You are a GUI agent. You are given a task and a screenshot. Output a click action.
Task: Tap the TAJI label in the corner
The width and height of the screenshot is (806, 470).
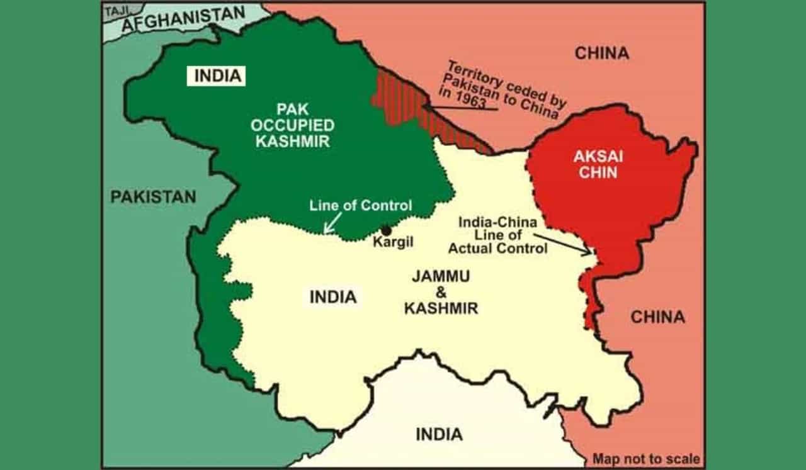click(x=115, y=11)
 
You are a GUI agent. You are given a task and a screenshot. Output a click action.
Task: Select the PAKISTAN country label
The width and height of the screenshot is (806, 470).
click(x=153, y=196)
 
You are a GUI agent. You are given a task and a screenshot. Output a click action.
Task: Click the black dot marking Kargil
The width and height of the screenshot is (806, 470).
click(x=386, y=230)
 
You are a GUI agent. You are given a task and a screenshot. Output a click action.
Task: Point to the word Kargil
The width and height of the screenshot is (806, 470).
click(x=392, y=243)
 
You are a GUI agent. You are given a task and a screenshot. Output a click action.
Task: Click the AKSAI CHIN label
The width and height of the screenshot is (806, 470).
click(x=598, y=165)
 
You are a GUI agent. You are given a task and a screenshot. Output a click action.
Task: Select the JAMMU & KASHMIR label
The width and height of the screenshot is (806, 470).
click(x=440, y=292)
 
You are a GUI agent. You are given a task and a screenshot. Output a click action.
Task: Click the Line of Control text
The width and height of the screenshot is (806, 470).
click(x=361, y=206)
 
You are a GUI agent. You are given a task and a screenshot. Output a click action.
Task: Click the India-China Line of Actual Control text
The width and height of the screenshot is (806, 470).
click(x=497, y=235)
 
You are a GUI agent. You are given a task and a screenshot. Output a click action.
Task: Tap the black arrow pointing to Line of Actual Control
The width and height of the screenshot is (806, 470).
click(x=564, y=244)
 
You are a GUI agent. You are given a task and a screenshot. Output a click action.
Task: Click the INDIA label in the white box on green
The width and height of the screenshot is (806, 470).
click(x=217, y=76)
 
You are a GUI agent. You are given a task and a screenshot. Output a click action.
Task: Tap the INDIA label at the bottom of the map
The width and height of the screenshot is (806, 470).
click(x=439, y=434)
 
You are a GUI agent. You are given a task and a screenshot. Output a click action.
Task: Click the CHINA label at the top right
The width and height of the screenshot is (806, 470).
click(x=601, y=53)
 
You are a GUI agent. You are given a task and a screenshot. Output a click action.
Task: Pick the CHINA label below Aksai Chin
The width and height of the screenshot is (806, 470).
click(x=657, y=316)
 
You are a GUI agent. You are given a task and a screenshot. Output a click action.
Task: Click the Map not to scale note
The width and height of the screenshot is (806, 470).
click(x=646, y=459)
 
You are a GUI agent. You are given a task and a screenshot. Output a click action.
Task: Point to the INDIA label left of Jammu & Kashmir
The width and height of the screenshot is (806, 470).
click(x=332, y=297)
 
